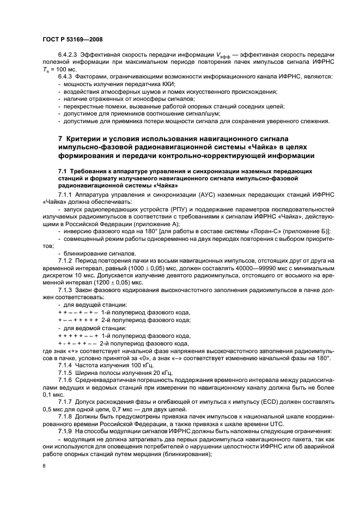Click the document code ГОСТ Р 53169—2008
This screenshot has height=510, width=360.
pos(72,39)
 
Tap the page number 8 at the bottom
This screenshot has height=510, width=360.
pos(44,466)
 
